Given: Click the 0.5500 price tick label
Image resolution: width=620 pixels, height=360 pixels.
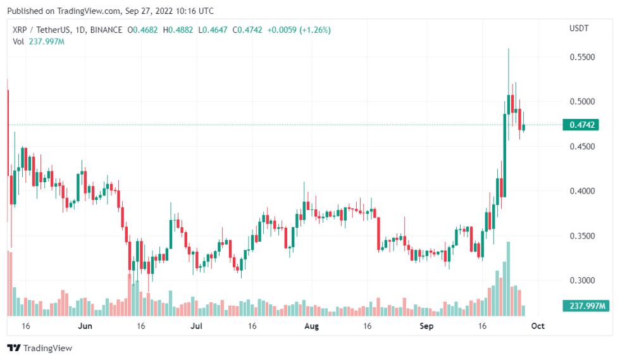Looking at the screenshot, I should [582, 57].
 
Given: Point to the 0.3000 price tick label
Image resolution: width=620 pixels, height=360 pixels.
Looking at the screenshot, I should [582, 280].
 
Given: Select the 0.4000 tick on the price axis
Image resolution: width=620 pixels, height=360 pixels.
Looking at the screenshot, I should [582, 191].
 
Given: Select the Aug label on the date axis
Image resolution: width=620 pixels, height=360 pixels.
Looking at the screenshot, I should [310, 326].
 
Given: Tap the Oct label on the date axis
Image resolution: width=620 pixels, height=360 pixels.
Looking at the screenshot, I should [537, 326].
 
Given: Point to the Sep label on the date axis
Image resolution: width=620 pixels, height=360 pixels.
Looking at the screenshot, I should [426, 326].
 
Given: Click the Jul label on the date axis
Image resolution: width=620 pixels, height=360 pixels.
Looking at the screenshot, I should [197, 326].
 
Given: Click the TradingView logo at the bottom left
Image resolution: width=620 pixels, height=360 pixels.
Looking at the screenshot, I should [39, 348].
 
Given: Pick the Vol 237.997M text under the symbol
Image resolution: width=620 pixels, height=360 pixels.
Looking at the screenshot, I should [39, 42].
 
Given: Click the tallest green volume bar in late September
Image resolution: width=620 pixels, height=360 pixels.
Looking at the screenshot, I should [508, 278].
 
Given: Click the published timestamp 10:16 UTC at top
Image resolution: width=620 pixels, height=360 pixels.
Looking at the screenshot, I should [192, 11].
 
